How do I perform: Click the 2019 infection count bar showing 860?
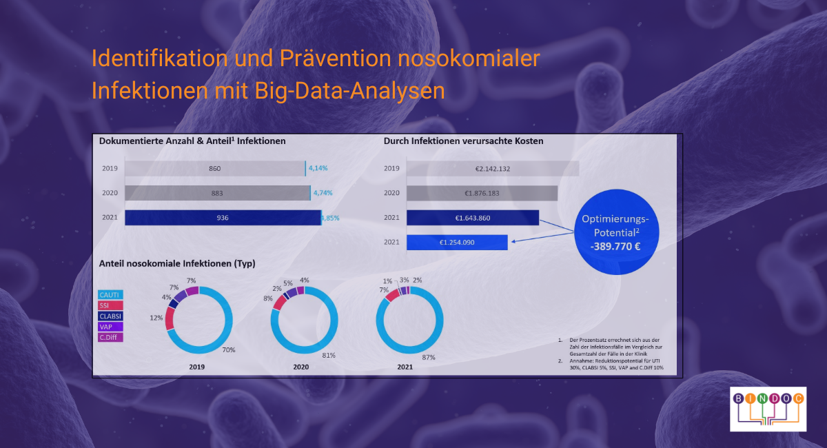[x=215, y=168]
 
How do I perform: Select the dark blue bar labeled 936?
[x=223, y=218]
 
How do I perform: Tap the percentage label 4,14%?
[x=318, y=168]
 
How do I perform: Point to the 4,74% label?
[x=323, y=193]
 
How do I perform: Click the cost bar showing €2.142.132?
[x=493, y=168]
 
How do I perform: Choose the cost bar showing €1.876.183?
[x=482, y=193]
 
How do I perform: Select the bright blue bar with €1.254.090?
[x=457, y=243]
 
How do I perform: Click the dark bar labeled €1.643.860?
[x=473, y=218]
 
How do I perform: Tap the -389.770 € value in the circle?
[x=615, y=246]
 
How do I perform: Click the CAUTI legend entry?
[x=110, y=295]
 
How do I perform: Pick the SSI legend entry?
[x=110, y=305]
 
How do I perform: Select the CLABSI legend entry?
[x=110, y=316]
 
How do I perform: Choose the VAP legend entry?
[x=110, y=327]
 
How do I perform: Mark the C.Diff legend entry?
[x=110, y=337]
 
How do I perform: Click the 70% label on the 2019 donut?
[x=229, y=349]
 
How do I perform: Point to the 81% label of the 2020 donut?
[x=329, y=355]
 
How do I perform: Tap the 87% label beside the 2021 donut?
[x=429, y=357]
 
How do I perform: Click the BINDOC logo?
[x=768, y=409]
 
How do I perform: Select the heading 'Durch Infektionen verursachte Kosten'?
[x=463, y=141]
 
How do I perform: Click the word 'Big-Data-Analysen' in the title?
[x=349, y=91]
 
